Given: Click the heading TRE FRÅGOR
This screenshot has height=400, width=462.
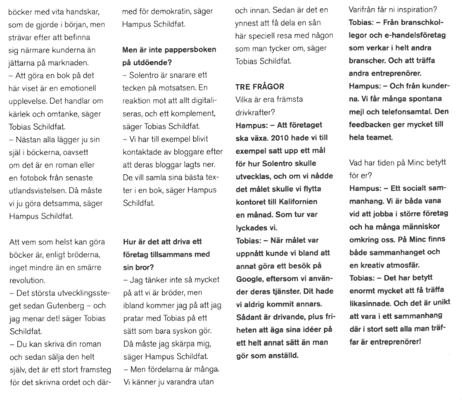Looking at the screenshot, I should click(x=259, y=87).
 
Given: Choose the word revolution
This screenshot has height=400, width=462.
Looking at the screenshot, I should click(x=27, y=279).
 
